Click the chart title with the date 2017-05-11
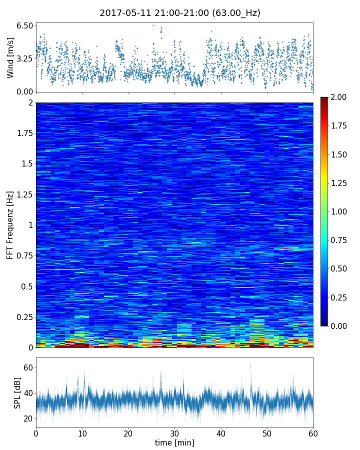[x=180, y=13]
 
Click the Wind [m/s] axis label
[x=10, y=57]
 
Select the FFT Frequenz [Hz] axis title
[x=10, y=224]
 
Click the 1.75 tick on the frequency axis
[x=24, y=133]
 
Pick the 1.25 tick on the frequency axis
[x=24, y=194]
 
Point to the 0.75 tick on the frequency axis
[x=24, y=256]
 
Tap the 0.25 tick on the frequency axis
[x=24, y=317]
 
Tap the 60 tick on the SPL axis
[x=27, y=368]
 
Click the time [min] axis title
[x=174, y=442]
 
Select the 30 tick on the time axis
[x=174, y=433]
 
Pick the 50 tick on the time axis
[x=267, y=433]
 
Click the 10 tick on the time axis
[x=82, y=433]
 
